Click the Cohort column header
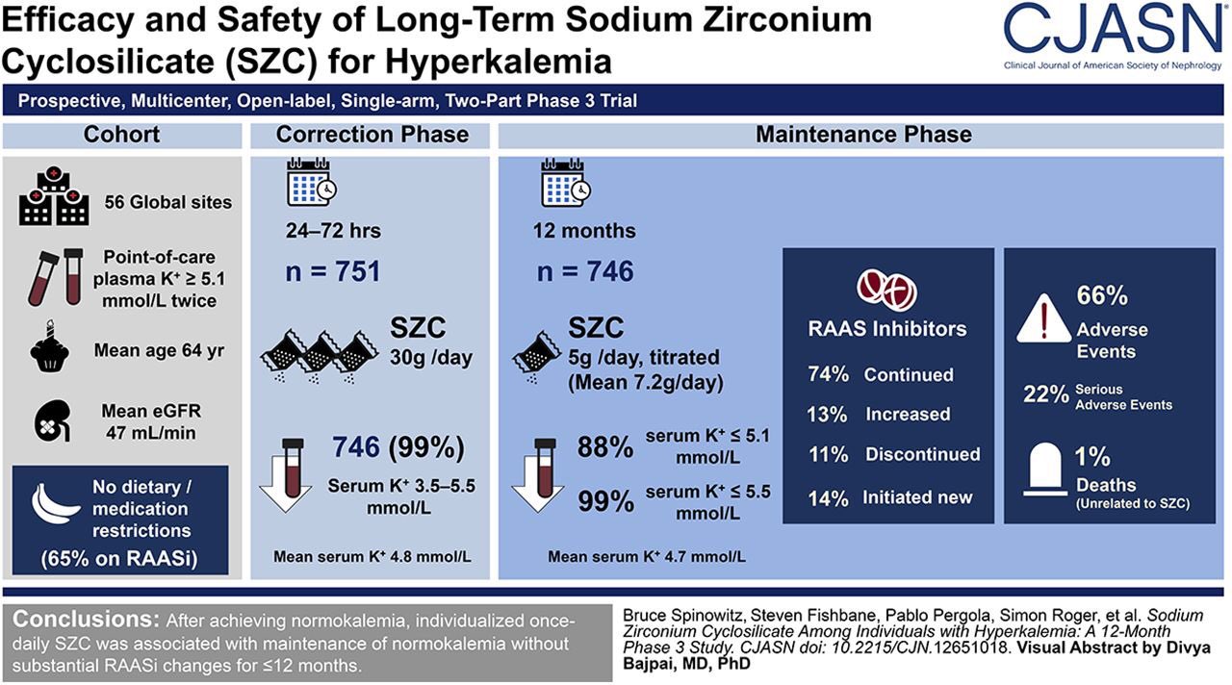click(121, 134)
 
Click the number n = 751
click(333, 271)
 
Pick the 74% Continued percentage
click(828, 375)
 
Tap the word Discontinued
click(922, 454)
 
